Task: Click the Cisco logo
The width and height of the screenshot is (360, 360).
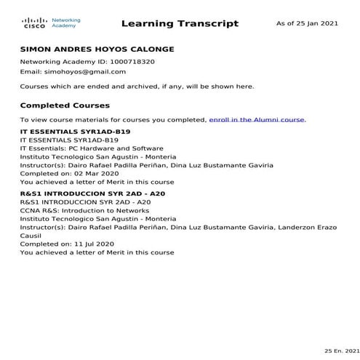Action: [x=34, y=23]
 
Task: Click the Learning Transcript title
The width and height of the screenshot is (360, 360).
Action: [x=180, y=23]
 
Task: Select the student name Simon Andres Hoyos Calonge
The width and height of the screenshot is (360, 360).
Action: [x=97, y=49]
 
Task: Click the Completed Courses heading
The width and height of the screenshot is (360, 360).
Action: [x=65, y=105]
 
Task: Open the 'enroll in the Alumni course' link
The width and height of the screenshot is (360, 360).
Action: [x=257, y=119]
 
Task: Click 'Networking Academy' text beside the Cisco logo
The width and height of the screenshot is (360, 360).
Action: [x=65, y=23]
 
